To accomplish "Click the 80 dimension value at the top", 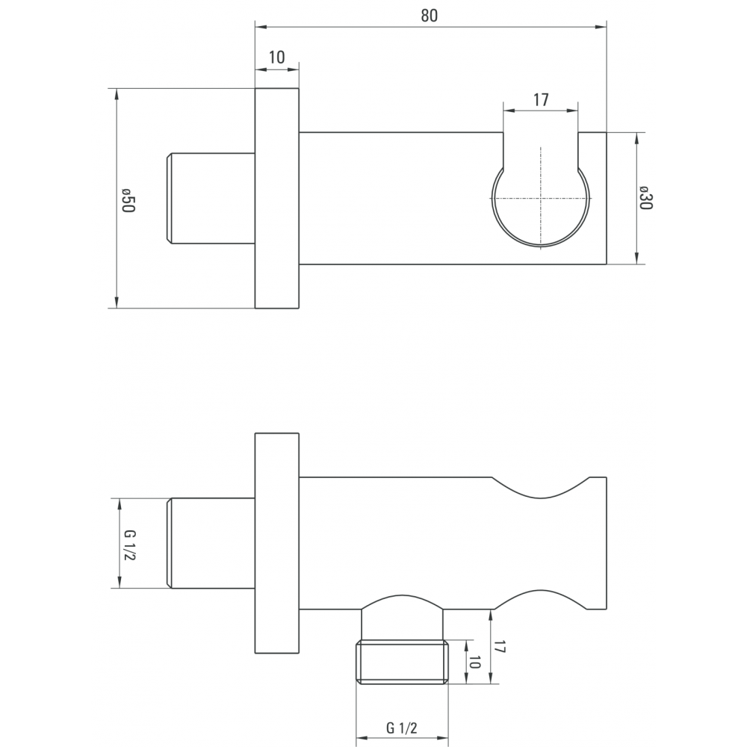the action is (x=430, y=16).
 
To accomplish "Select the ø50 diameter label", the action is (x=128, y=200).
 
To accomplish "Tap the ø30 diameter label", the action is (x=645, y=198).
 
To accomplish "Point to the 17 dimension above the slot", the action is (x=541, y=100).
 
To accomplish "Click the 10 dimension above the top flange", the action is (x=277, y=58).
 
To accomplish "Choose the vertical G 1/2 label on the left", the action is (x=128, y=545).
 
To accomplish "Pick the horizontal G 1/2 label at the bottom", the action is (x=402, y=728).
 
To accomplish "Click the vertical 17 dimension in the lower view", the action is (x=499, y=647).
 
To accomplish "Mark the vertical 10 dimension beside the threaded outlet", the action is (x=474, y=662).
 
